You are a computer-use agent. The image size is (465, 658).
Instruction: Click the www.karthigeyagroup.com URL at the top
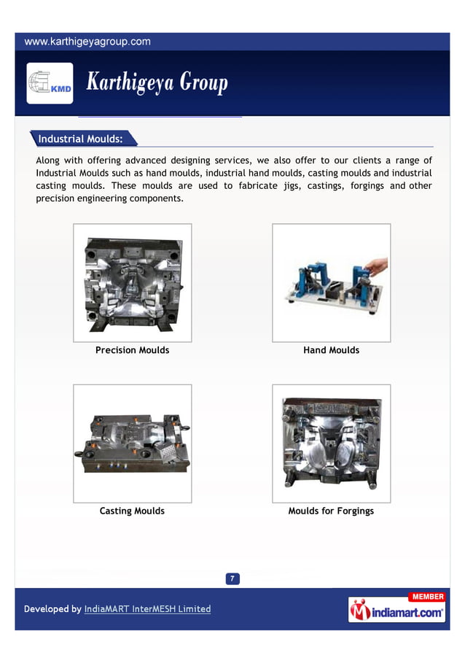point(87,42)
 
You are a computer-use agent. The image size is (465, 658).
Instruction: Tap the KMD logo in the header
point(50,83)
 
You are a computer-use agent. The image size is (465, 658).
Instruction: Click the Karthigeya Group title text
point(157,82)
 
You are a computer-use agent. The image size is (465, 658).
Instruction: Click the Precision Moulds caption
point(132,350)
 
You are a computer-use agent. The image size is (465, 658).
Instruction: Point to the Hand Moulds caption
point(331,350)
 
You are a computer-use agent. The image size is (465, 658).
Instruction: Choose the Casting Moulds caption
point(132,511)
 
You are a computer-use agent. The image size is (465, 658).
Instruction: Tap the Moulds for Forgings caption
point(331,511)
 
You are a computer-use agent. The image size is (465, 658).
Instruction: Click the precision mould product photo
point(132,282)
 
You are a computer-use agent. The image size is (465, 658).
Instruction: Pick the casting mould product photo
point(132,443)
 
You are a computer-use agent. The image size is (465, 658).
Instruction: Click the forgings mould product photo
point(331,443)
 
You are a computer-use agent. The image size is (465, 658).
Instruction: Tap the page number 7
point(232,579)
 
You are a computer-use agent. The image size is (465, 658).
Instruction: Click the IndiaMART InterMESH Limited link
point(148,608)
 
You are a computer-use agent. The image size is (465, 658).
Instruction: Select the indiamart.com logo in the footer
point(396,611)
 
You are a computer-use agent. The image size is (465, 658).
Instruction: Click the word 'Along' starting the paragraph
point(49,160)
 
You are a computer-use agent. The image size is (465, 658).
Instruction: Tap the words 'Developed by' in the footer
point(52,608)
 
